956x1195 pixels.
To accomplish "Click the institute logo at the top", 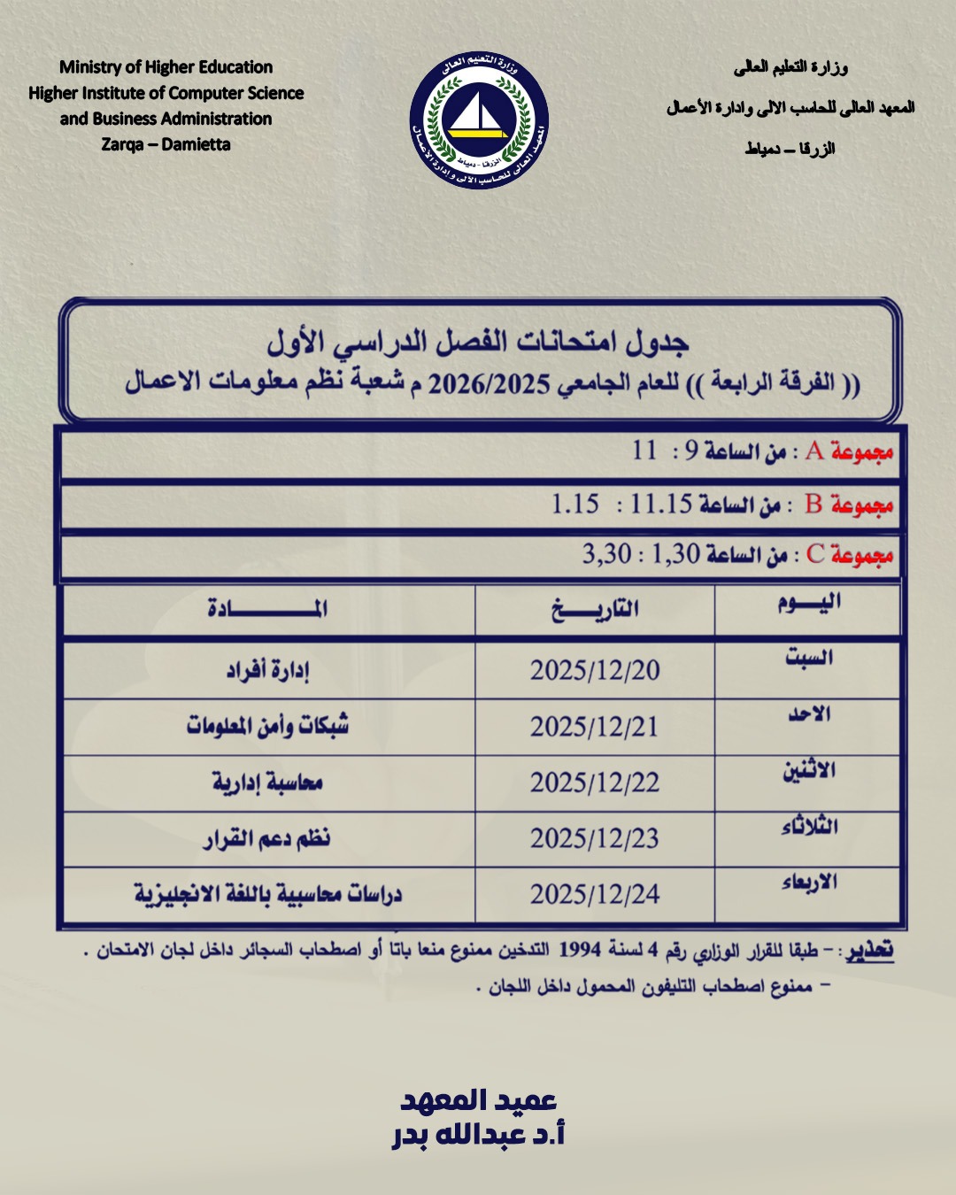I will tap(478, 120).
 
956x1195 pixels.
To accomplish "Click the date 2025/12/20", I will tap(595, 670).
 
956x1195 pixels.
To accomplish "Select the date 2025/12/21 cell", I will tap(595, 727).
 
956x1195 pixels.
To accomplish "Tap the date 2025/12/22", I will tap(595, 783).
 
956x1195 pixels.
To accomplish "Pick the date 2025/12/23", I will tap(595, 838).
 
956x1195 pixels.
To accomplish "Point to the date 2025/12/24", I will tap(595, 894).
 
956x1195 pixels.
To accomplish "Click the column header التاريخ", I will tap(595, 609).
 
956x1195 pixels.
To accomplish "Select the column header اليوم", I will tap(809, 604).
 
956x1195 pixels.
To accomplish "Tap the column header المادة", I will tap(267, 608).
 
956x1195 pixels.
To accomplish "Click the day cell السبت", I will tap(809, 658).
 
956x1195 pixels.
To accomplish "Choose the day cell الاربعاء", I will tap(809, 883).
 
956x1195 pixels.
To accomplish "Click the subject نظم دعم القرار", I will tap(267, 837).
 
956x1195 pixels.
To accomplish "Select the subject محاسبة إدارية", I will tap(267, 782).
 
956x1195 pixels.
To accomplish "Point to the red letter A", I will tap(814, 451).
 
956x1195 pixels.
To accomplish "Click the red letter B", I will tap(813, 505).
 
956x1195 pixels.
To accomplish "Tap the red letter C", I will tap(815, 555).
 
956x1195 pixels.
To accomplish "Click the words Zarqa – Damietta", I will tap(166, 144).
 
